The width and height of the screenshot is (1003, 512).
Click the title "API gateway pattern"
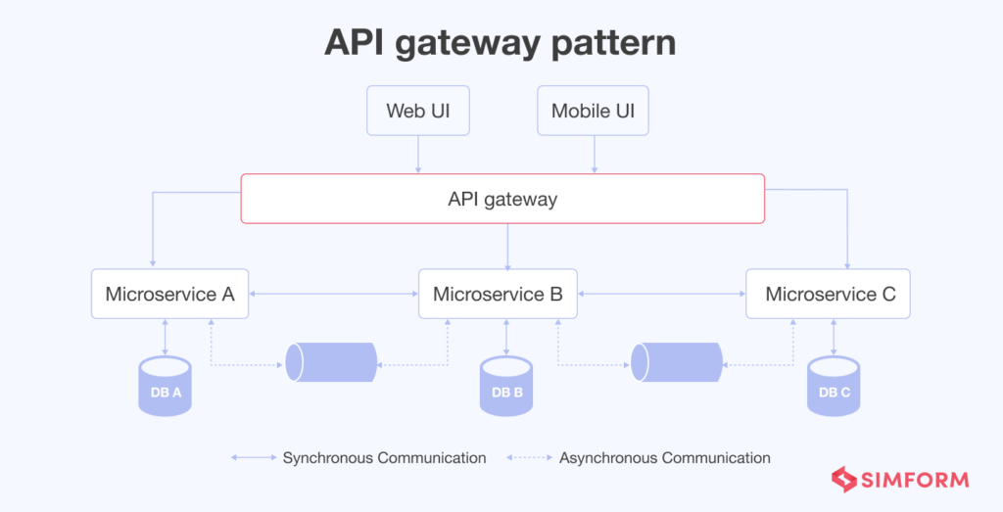tap(501, 43)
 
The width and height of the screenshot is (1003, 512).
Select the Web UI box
tap(418, 111)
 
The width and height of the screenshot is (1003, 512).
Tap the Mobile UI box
tap(593, 111)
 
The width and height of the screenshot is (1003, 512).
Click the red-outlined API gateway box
tap(502, 199)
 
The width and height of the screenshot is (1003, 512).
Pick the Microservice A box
tap(169, 294)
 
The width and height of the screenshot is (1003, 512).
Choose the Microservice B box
tap(498, 294)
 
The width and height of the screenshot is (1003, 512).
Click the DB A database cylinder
tap(165, 387)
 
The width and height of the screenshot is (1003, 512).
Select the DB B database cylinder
tap(506, 387)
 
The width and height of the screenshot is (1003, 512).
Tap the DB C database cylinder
tap(834, 387)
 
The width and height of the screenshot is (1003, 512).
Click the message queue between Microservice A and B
tap(331, 362)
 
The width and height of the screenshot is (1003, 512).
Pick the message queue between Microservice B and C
tap(677, 362)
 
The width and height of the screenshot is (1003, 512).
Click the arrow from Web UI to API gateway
tap(418, 155)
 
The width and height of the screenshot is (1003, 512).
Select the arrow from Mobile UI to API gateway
tap(594, 155)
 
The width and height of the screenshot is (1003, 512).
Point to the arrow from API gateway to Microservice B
tap(506, 246)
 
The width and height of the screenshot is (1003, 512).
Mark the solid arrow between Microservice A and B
tap(333, 294)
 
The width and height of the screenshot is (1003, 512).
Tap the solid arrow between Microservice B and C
tap(661, 294)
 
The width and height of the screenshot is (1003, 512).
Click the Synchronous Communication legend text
tap(384, 458)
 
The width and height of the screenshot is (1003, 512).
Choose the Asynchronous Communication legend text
tap(664, 458)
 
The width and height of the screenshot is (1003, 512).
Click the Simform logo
tap(900, 480)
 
